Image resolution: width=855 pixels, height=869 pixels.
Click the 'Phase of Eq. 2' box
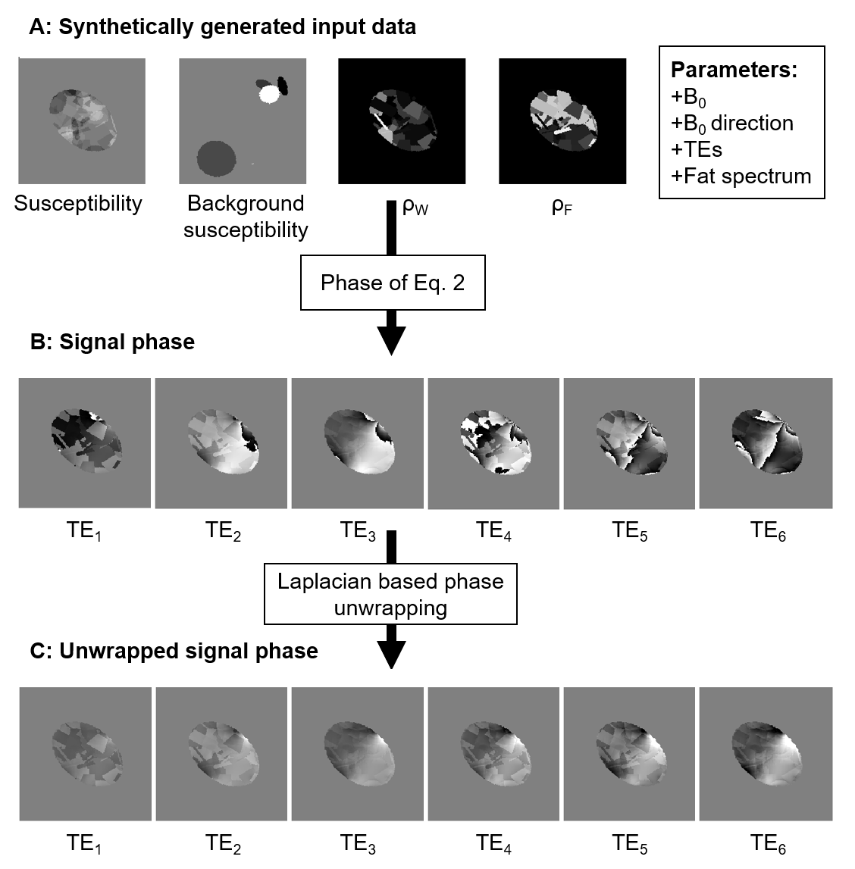point(393,283)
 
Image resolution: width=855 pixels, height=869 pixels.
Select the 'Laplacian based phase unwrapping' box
point(390,594)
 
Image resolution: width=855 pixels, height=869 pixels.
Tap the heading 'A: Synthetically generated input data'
point(222,27)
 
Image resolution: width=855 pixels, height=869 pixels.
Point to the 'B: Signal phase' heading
point(112,342)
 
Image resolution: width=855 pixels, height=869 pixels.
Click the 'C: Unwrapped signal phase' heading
point(174,651)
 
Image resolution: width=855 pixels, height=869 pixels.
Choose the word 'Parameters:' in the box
point(734,70)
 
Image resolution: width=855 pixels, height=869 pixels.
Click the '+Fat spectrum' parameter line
point(741,177)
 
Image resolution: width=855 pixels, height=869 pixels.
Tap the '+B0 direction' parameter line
point(731,123)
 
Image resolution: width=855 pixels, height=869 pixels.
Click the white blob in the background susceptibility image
point(269,93)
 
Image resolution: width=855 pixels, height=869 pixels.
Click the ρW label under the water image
point(415,206)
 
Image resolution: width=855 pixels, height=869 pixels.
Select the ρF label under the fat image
point(562,206)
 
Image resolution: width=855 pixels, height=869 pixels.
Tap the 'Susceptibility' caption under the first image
point(78,204)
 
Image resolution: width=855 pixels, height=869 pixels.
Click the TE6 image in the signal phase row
point(765,443)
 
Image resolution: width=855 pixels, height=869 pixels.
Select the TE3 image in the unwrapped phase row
point(358,752)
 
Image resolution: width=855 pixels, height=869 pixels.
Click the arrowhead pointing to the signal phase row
point(392,341)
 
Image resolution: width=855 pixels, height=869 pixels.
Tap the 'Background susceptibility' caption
point(246,217)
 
